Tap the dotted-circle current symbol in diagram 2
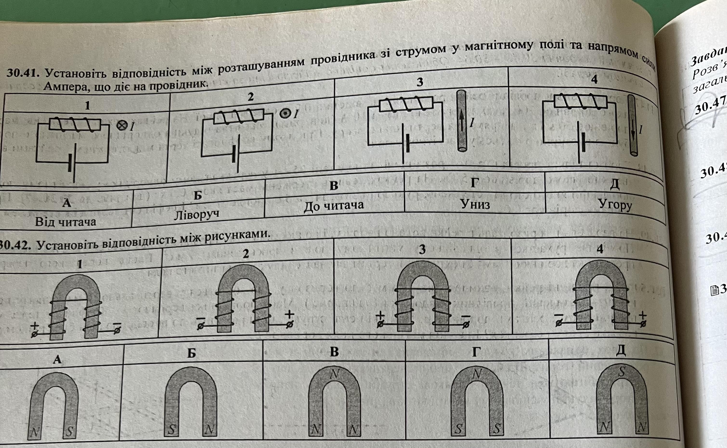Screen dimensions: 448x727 click(x=285, y=114)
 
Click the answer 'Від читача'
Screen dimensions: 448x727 click(x=65, y=222)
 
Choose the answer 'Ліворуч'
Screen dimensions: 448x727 click(x=197, y=214)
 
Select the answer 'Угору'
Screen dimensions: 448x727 click(x=615, y=204)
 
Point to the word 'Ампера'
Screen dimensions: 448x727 click(x=68, y=87)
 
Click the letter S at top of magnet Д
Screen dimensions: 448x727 click(x=622, y=372)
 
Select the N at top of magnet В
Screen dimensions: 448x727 click(x=334, y=374)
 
